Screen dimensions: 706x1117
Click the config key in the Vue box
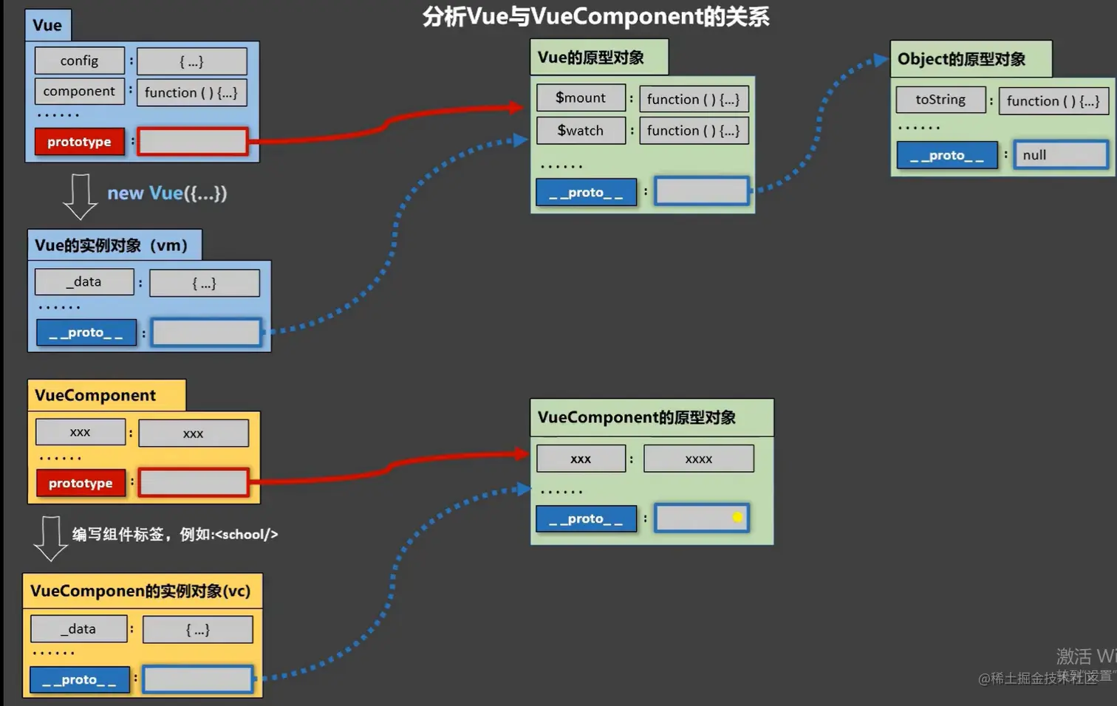pyautogui.click(x=79, y=61)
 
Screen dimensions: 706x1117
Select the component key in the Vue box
pyautogui.click(x=79, y=91)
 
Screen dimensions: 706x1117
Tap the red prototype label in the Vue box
pyautogui.click(x=79, y=142)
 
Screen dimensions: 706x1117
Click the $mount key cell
pyautogui.click(x=581, y=97)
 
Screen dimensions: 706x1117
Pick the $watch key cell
pyautogui.click(x=581, y=131)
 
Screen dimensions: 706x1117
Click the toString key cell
pyautogui.click(x=940, y=100)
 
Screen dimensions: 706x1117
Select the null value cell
pyautogui.click(x=1061, y=155)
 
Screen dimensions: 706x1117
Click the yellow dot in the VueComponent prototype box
pyautogui.click(x=737, y=517)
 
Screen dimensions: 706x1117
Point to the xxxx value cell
pyautogui.click(x=699, y=459)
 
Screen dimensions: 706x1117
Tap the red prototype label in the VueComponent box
pyautogui.click(x=81, y=484)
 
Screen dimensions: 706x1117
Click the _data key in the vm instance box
pyautogui.click(x=84, y=281)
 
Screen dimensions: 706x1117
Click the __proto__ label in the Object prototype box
pyautogui.click(x=947, y=155)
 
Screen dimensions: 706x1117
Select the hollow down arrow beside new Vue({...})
pyautogui.click(x=80, y=196)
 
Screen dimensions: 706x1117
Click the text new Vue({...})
pyautogui.click(x=167, y=193)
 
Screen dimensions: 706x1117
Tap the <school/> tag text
pyautogui.click(x=246, y=534)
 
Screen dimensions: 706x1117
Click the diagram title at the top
pyautogui.click(x=595, y=16)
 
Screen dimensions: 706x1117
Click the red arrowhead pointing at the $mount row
pyautogui.click(x=517, y=107)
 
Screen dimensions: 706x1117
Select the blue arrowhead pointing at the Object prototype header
pyautogui.click(x=881, y=60)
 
